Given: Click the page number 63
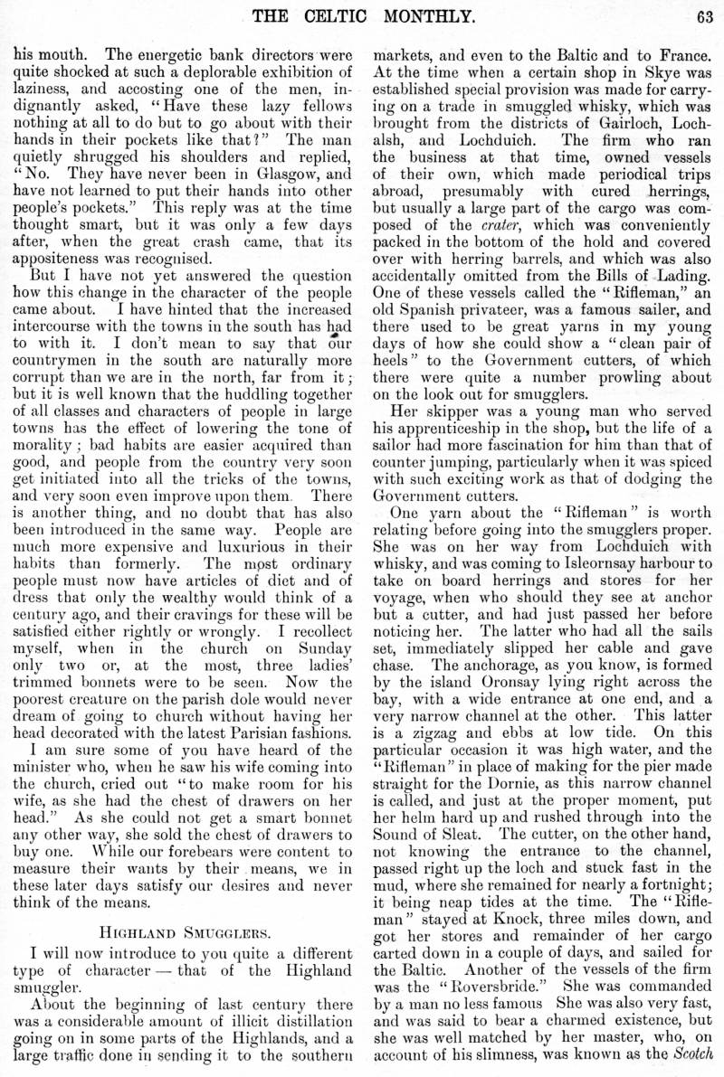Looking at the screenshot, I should (707, 14).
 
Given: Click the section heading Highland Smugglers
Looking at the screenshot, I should (181, 924).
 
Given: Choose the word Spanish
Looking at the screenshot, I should (436, 323).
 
